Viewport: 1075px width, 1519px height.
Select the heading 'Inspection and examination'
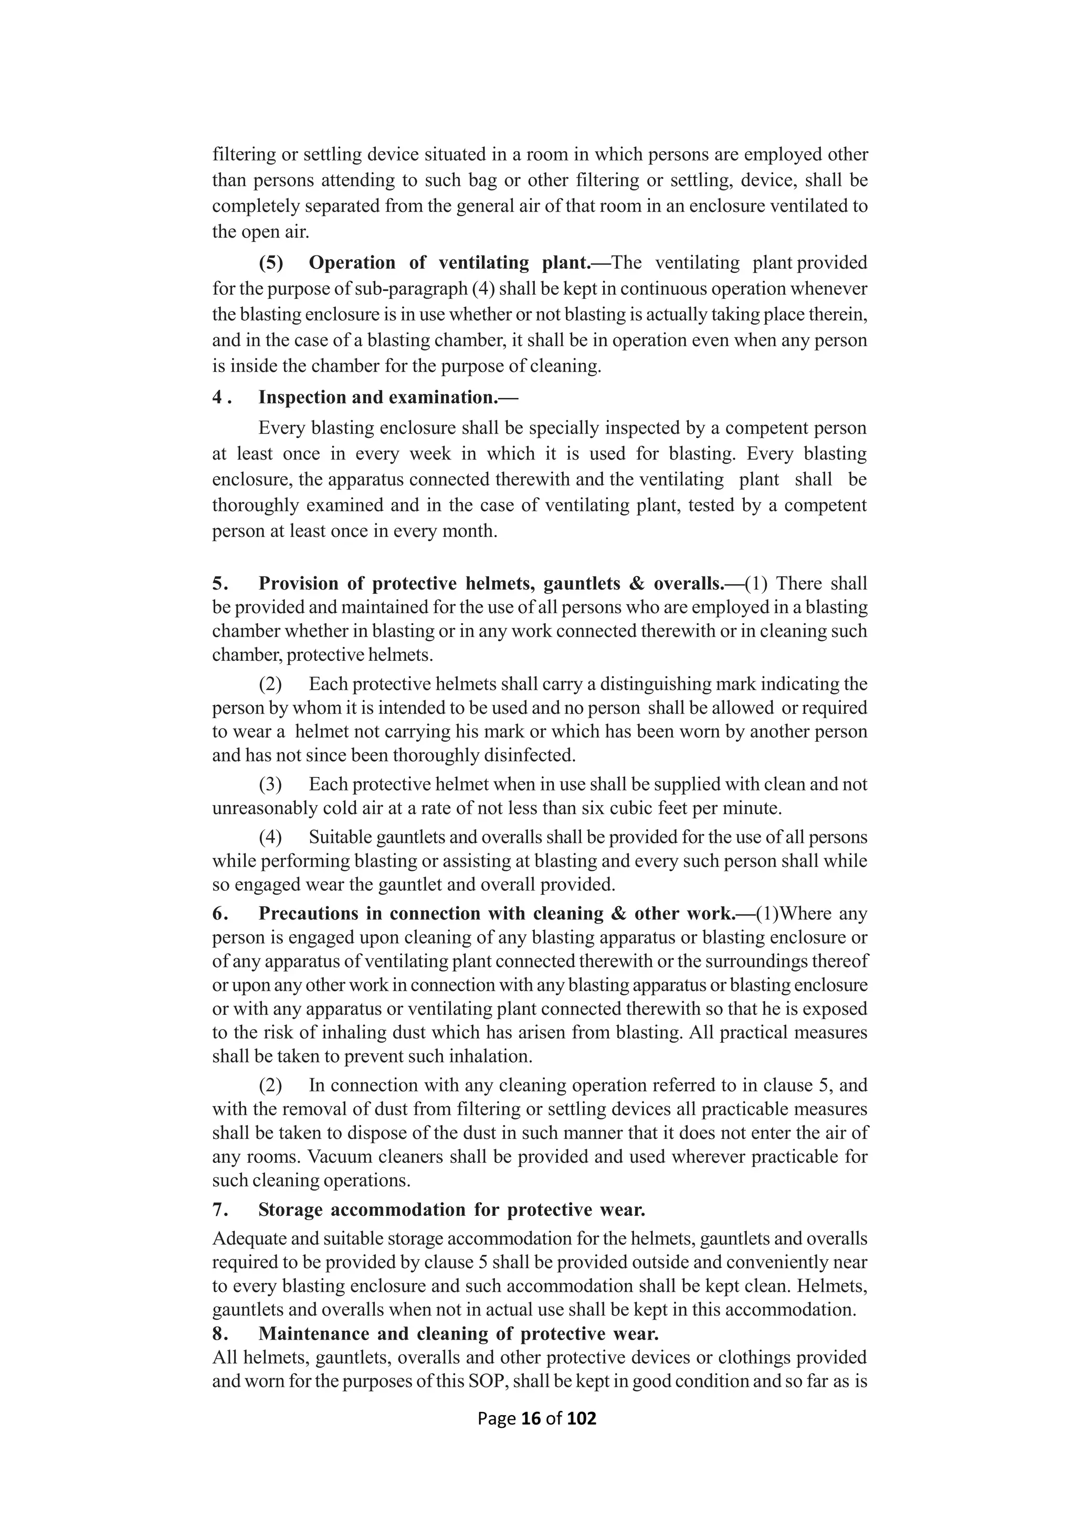(x=388, y=397)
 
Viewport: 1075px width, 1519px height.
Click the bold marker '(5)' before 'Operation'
(x=271, y=263)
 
